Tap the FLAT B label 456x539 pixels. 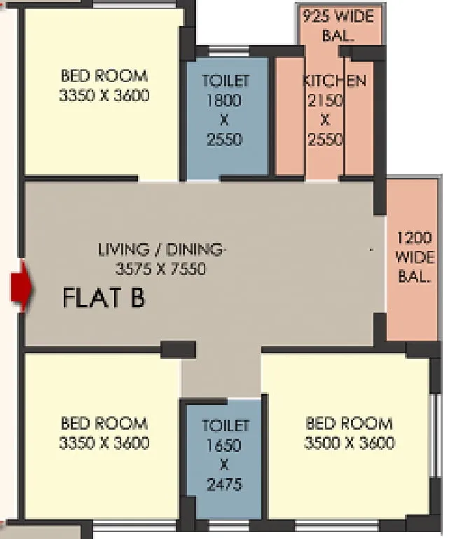104,298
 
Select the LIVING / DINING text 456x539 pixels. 163,250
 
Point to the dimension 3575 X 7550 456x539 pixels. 161,268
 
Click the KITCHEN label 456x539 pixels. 334,81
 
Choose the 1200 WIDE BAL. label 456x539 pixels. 415,257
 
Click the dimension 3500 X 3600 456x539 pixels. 349,443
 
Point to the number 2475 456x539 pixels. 225,485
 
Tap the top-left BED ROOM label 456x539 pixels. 104,76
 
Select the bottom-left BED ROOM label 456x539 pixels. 104,423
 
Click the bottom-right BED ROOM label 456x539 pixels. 349,423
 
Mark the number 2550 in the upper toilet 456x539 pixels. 225,139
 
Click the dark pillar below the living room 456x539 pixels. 179,350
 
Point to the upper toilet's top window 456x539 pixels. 229,51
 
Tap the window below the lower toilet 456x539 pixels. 229,526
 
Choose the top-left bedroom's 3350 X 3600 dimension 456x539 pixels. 104,95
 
